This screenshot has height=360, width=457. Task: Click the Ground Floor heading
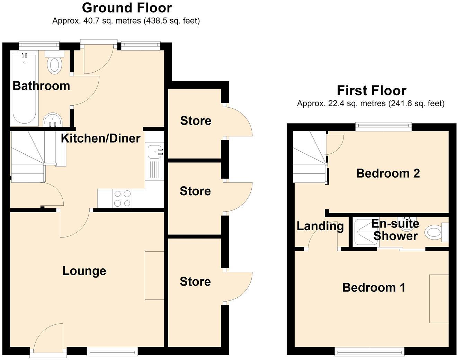tap(127, 8)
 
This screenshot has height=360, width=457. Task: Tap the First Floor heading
tap(371, 90)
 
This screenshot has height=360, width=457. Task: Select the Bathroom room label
tap(41, 86)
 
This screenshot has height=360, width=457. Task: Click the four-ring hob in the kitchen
tap(122, 199)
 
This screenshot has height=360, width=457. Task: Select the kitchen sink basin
tap(154, 151)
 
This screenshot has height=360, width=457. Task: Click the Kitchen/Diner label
tap(100, 138)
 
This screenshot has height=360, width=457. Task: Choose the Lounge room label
tap(84, 271)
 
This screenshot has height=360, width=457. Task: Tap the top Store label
tap(196, 121)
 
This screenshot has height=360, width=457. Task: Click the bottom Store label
tap(195, 281)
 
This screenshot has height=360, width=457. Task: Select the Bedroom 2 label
tap(388, 173)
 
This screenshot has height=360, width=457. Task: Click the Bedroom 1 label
tap(374, 287)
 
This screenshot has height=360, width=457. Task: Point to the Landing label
tap(320, 226)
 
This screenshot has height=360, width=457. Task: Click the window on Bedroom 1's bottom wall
tap(369, 352)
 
